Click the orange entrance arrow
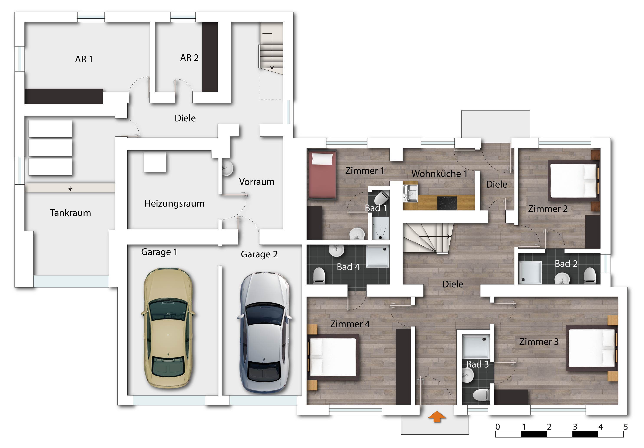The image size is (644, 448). pos(437,416)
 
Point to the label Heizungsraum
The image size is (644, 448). pos(174,203)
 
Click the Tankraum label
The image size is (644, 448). pos(70,213)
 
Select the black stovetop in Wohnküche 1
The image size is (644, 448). pos(447,203)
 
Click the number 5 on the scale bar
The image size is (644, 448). pos(626,427)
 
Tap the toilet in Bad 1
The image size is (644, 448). pos(382,198)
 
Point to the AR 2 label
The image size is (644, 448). pos(189,58)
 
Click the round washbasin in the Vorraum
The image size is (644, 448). pos(227,168)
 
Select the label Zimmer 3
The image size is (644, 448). pos(539,342)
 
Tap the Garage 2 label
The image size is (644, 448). pos(259,254)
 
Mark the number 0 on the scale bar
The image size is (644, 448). pos(498,427)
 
